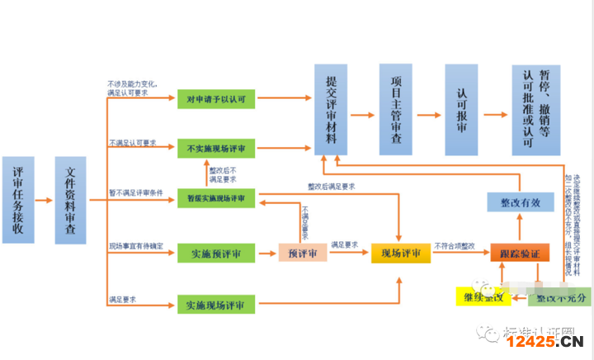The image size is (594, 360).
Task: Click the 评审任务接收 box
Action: point(18,199)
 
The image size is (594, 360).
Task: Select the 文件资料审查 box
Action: point(70,199)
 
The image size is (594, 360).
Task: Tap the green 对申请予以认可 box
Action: point(216,100)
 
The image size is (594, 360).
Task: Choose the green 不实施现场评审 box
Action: point(216,149)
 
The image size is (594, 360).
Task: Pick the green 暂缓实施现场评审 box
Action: point(216,198)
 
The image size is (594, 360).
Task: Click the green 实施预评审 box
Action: point(216,253)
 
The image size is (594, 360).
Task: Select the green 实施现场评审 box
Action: point(216,305)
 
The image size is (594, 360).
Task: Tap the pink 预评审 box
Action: point(302,253)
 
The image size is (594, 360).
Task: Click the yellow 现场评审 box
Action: point(401,253)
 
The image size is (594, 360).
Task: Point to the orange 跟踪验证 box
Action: point(520,253)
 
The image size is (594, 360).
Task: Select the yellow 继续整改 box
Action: point(479,296)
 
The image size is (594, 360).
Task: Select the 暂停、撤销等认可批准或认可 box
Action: point(535,109)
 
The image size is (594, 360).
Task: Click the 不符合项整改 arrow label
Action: point(459,245)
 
